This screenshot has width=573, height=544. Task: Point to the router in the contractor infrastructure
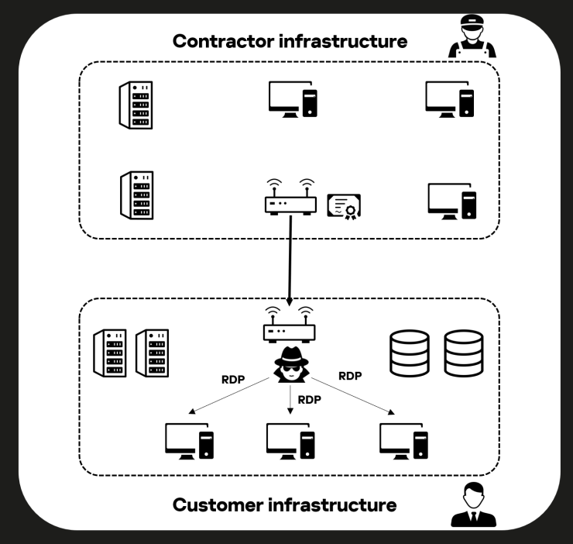[290, 198]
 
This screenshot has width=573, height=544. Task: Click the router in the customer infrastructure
[289, 325]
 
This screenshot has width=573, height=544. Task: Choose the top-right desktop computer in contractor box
[450, 99]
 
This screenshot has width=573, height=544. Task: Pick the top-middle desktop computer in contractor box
[293, 99]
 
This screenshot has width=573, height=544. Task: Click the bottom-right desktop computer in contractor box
[452, 201]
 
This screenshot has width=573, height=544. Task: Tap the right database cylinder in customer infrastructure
[463, 354]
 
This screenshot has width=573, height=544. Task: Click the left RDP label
[234, 380]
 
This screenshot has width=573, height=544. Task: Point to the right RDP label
[350, 376]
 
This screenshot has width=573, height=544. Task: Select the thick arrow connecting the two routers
[290, 260]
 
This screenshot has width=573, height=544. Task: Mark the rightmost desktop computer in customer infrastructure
[403, 441]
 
